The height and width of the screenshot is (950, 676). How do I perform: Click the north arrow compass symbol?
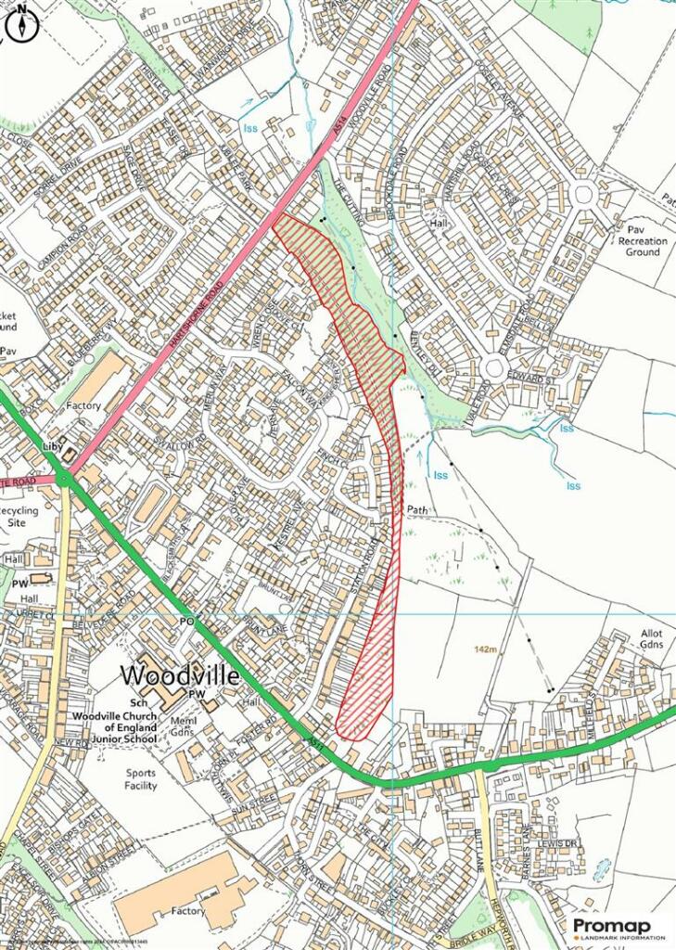pyautogui.click(x=20, y=25)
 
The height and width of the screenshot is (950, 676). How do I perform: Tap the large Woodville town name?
pyautogui.click(x=180, y=674)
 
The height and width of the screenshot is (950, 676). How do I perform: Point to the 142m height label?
pyautogui.click(x=483, y=650)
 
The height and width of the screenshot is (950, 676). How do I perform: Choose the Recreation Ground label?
pyautogui.click(x=642, y=246)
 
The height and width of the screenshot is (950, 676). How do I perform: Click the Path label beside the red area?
pyautogui.click(x=418, y=510)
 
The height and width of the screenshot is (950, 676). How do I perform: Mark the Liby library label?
pyautogui.click(x=51, y=446)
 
